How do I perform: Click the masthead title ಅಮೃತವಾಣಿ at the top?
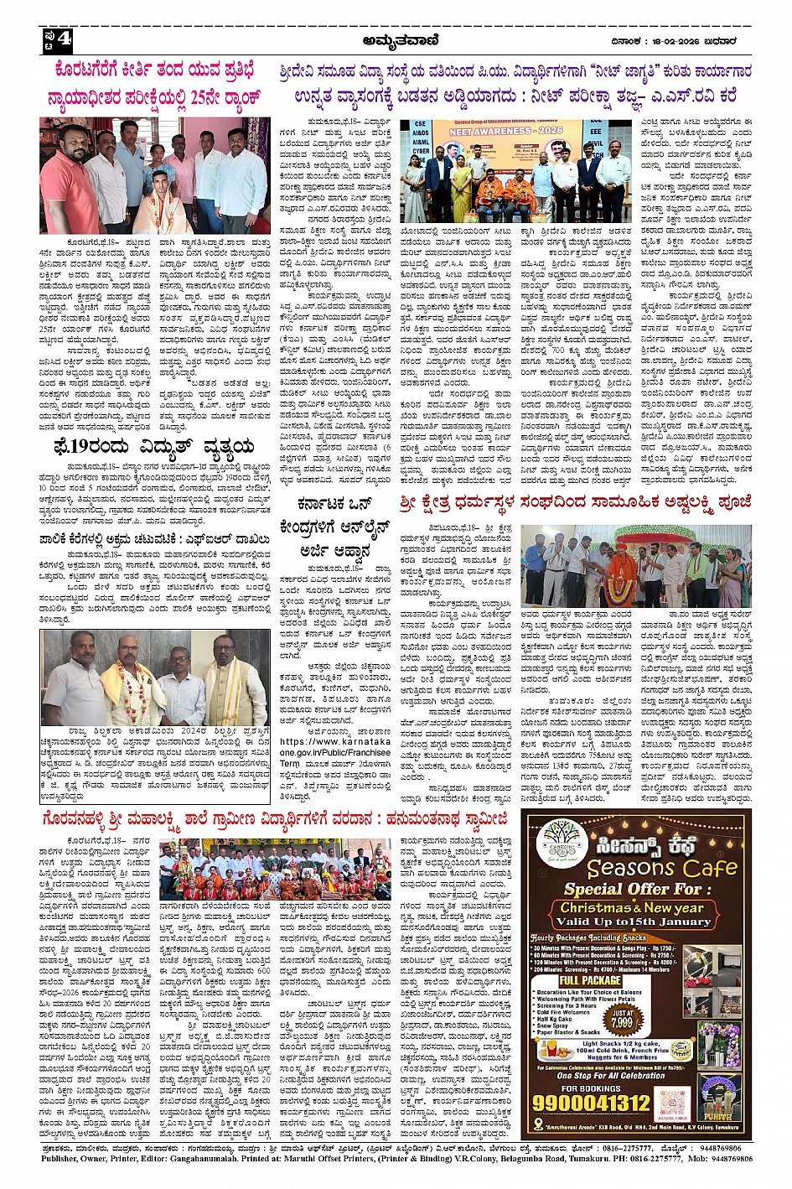tap(398, 39)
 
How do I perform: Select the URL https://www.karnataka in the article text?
tap(323, 742)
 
